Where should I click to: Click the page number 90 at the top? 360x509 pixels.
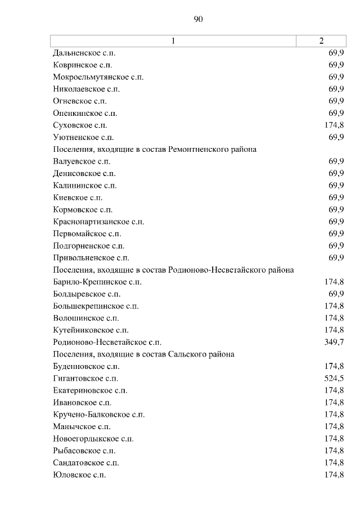(197, 19)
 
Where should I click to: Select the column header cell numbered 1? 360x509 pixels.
(173, 41)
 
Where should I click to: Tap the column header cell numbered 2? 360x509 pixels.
(321, 41)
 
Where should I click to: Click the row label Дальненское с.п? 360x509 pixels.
(84, 53)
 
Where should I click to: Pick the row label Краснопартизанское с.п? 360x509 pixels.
(98, 222)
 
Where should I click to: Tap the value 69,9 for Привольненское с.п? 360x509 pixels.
(336, 258)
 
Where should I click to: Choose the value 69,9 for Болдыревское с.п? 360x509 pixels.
(336, 294)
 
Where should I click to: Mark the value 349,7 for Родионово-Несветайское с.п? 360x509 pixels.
(334, 342)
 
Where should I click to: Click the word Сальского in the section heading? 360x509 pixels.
(186, 354)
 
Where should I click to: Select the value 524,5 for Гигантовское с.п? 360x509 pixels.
(334, 378)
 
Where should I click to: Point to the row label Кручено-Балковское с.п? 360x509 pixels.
(98, 415)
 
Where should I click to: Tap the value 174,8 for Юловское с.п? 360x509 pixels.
(334, 475)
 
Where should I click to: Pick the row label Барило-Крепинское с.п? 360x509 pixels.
(97, 282)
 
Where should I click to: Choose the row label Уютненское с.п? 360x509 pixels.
(83, 137)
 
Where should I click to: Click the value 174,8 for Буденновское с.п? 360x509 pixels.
(334, 366)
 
